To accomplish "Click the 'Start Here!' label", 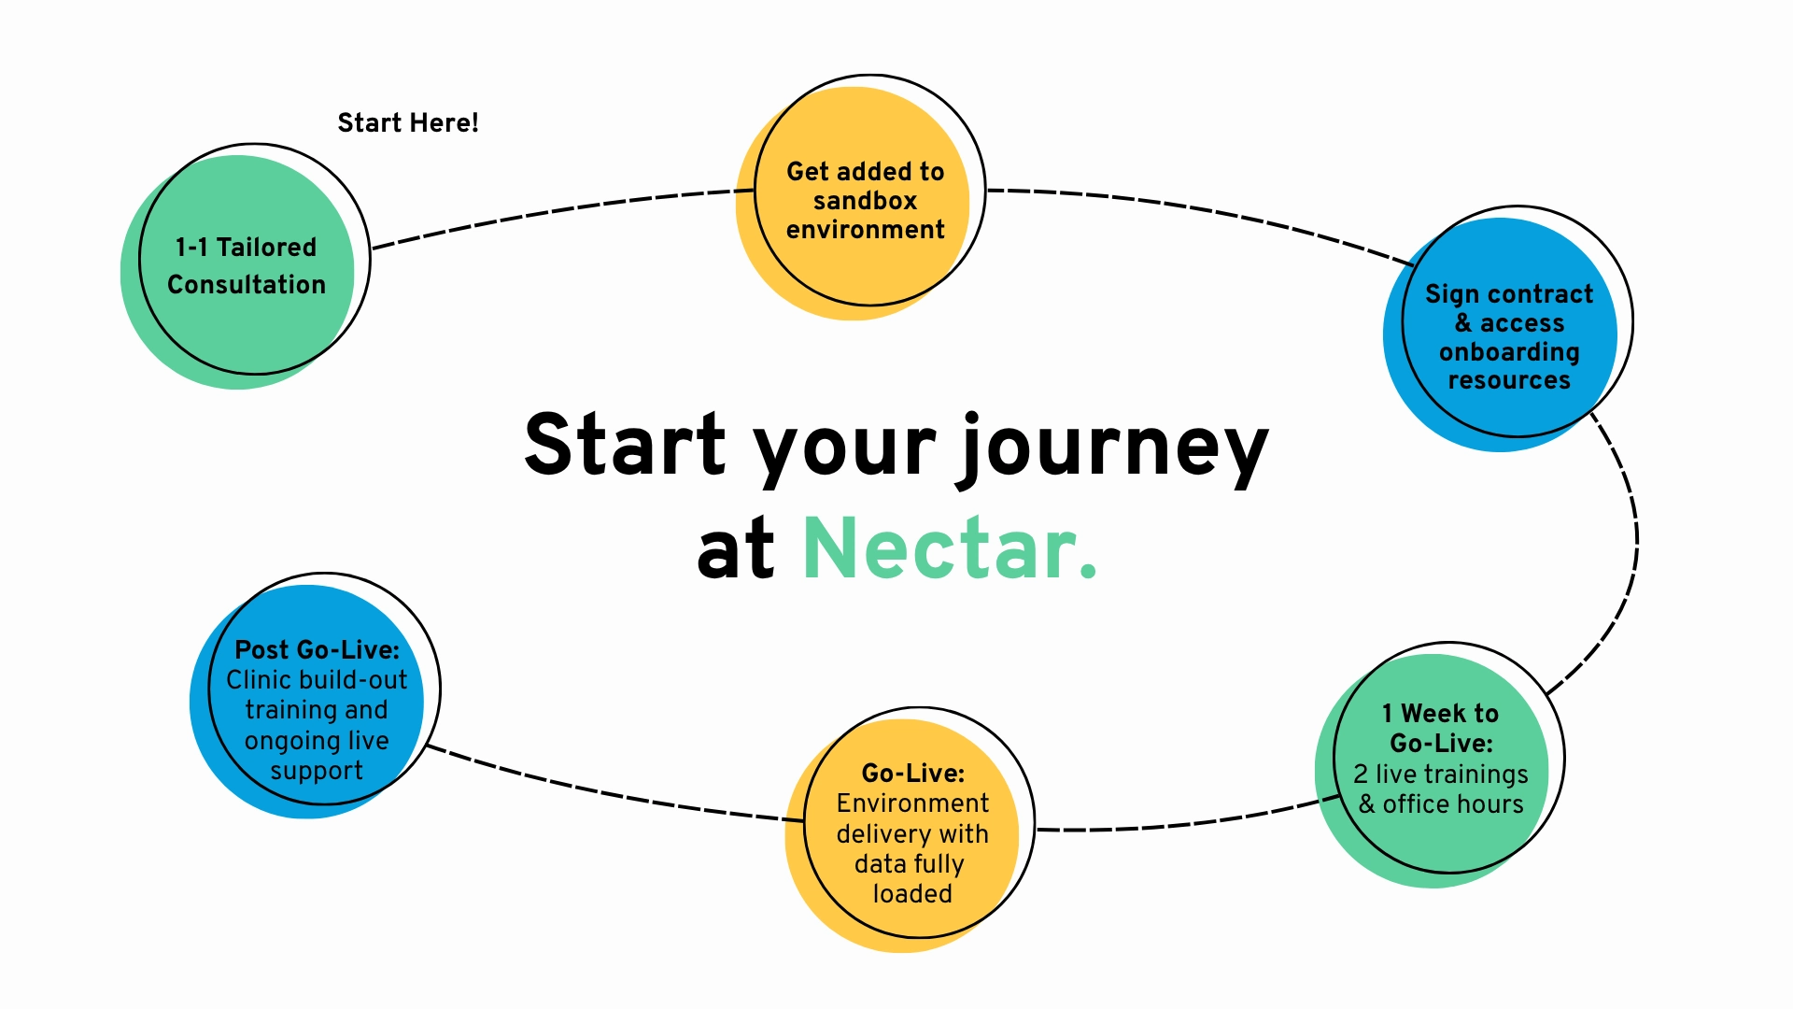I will [x=407, y=122].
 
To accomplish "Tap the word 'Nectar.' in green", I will [x=949, y=548].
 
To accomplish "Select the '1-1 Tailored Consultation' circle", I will [x=247, y=265].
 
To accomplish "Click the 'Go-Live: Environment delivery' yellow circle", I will [x=911, y=831].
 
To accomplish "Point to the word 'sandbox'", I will [x=865, y=201].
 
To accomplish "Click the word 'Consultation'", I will [x=247, y=284].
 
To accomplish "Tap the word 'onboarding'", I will [x=1509, y=352].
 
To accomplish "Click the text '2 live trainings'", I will [x=1440, y=775].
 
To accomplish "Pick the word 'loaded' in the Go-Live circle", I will [x=912, y=894].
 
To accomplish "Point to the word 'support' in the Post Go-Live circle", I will [x=316, y=771].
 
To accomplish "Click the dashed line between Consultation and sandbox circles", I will [x=560, y=209].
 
